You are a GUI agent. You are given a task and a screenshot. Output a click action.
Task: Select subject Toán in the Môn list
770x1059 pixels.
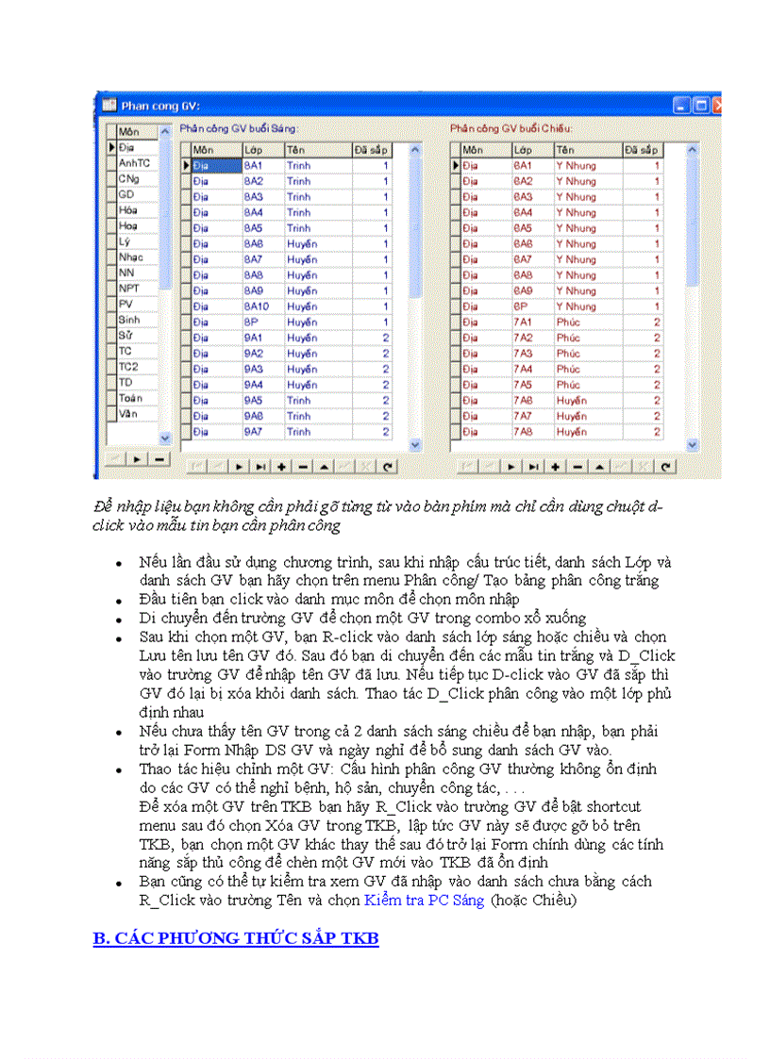pos(131,399)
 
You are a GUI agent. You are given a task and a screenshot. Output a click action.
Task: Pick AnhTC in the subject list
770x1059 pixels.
pos(131,163)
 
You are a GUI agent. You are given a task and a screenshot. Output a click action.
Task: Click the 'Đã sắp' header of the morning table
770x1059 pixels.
pos(373,149)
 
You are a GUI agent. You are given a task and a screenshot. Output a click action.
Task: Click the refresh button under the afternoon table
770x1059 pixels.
pos(666,466)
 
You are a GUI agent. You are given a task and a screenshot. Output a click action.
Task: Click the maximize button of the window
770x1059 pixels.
pos(700,107)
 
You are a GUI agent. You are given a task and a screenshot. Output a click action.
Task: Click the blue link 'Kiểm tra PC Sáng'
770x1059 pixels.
pos(424,901)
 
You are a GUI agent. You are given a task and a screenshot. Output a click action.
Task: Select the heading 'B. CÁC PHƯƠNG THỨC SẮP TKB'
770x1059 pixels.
pos(235,939)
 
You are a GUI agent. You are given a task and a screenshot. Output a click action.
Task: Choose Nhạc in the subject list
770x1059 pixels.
pos(131,257)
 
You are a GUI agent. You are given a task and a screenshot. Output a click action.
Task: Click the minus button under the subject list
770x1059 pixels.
pos(159,459)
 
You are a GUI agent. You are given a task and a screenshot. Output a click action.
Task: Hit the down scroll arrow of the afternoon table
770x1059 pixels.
pos(692,444)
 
